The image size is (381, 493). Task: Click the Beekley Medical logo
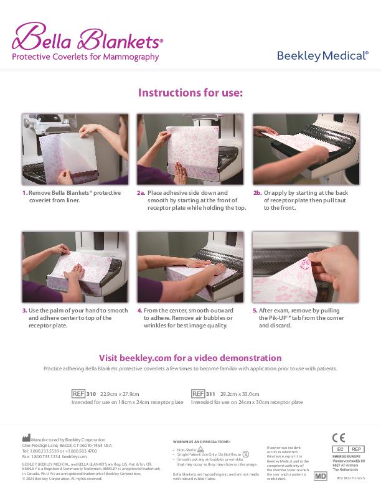[x=322, y=56]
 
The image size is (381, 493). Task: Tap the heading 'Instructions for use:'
[x=190, y=93]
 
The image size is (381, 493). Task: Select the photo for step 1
[x=75, y=149]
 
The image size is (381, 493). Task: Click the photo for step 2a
[x=190, y=149]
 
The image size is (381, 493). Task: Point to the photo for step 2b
[x=306, y=149]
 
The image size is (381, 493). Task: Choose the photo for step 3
[x=75, y=267]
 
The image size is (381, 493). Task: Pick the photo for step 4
[x=190, y=267]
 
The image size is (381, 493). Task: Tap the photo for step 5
[x=306, y=267]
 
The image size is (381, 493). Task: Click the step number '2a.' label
[x=141, y=193]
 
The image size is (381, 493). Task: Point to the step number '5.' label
[x=255, y=310]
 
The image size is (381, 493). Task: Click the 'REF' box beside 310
[x=78, y=394]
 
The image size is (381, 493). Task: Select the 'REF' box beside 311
[x=197, y=394]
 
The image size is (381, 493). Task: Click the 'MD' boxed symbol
[x=320, y=476]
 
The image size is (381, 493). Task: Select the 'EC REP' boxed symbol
[x=348, y=449]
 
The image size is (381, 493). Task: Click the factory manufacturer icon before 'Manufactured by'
[x=26, y=439]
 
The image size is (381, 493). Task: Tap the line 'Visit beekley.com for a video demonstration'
[x=190, y=358]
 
